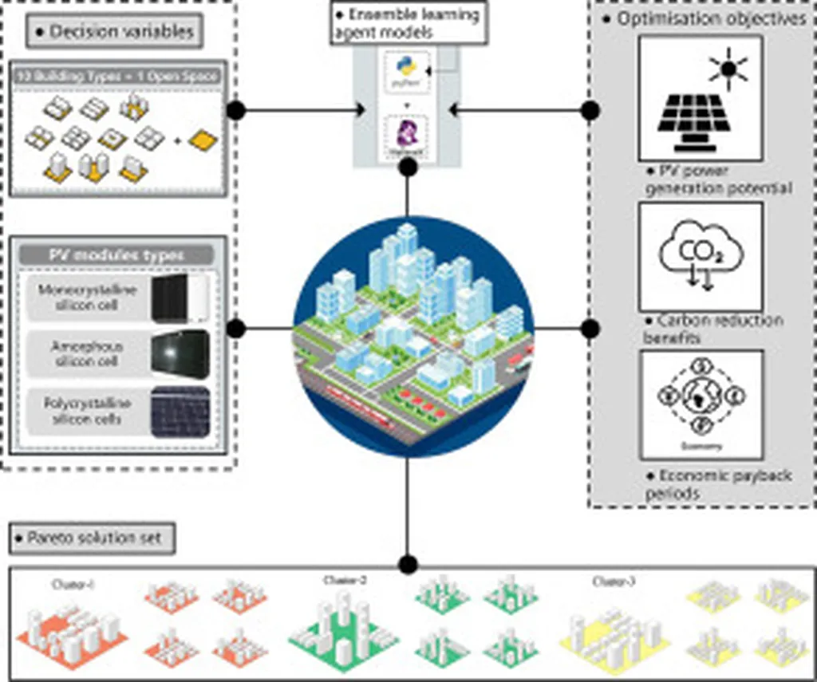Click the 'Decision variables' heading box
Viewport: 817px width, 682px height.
pyautogui.click(x=112, y=32)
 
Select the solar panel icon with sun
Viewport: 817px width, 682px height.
pyautogui.click(x=701, y=99)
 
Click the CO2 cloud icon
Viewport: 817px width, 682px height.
pyautogui.click(x=701, y=255)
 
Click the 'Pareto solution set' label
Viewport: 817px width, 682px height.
pyautogui.click(x=93, y=538)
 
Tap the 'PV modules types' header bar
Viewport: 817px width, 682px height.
pyautogui.click(x=116, y=255)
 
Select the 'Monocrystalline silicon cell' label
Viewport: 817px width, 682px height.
pyautogui.click(x=88, y=298)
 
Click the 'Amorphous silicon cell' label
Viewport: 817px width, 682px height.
pyautogui.click(x=87, y=354)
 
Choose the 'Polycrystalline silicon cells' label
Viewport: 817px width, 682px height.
pyautogui.click(x=88, y=411)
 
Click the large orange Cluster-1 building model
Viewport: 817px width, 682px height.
pyautogui.click(x=71, y=629)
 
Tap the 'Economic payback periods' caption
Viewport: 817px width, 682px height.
pyautogui.click(x=718, y=484)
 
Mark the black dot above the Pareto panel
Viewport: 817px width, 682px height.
pyautogui.click(x=408, y=565)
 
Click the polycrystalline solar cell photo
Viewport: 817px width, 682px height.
pyautogui.click(x=180, y=412)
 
